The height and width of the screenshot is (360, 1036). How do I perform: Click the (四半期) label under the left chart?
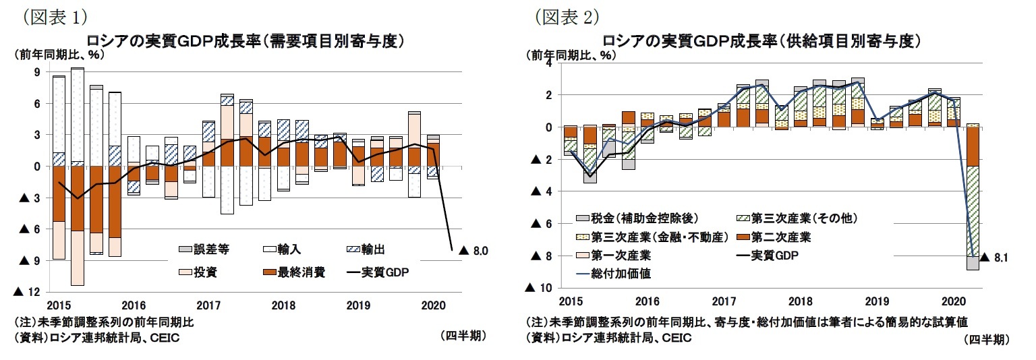click(462, 335)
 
